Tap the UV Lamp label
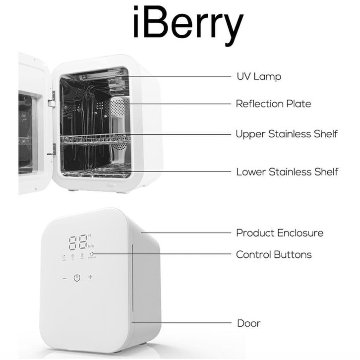coord(258,77)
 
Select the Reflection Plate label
coord(273,104)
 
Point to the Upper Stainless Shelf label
coord(287,134)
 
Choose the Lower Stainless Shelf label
coord(287,172)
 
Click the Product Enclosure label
coord(280,233)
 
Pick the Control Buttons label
coord(274,254)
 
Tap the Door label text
coord(248,323)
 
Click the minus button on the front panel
coord(64,278)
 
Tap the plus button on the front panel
coord(90,277)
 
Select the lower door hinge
coord(52,148)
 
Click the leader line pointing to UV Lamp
coord(183,76)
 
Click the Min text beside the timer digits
coord(91,245)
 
